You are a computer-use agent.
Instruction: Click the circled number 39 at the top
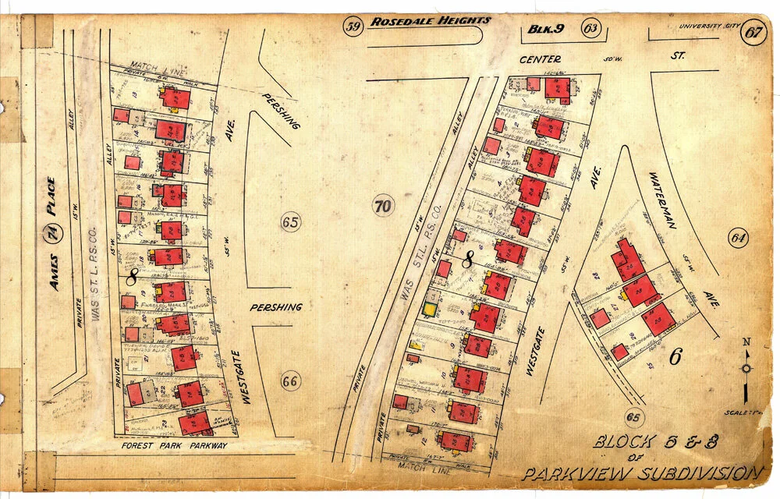(x=354, y=29)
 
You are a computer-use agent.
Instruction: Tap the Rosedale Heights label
(x=431, y=21)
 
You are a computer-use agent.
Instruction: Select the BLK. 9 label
(x=545, y=30)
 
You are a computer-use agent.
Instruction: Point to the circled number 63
(x=590, y=30)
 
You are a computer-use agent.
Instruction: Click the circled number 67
(x=753, y=34)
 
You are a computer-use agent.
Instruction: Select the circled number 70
(x=383, y=207)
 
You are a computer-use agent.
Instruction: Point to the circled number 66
(x=290, y=382)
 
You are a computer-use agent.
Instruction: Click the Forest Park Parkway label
(x=175, y=446)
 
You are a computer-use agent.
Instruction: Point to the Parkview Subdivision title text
(x=641, y=472)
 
